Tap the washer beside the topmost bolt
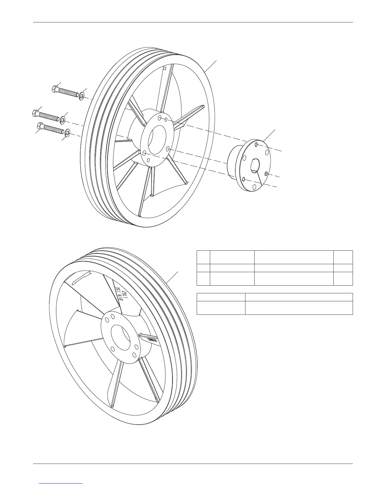[x=82, y=96]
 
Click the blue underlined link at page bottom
[x=61, y=483]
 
